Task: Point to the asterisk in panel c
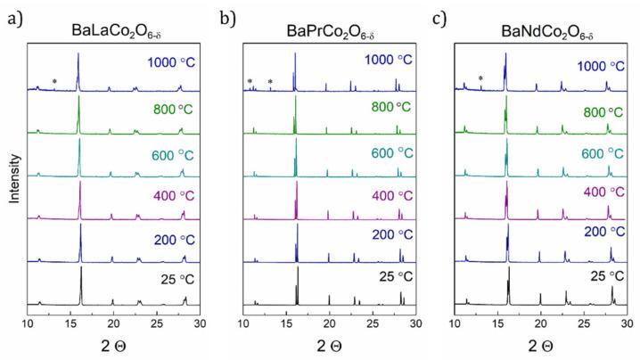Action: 481,79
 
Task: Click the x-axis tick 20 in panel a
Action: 114,324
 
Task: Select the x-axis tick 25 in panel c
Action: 584,324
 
